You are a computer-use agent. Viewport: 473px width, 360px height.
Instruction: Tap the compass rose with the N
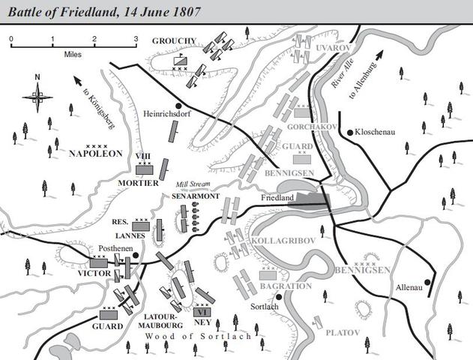coord(37,94)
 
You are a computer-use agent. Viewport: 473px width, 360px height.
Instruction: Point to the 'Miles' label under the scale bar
coord(73,53)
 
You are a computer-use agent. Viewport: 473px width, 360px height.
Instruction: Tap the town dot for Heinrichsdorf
coord(178,105)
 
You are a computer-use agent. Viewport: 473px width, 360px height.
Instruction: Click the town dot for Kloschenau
coord(349,133)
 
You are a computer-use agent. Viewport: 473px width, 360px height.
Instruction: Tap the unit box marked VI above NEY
coord(202,310)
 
